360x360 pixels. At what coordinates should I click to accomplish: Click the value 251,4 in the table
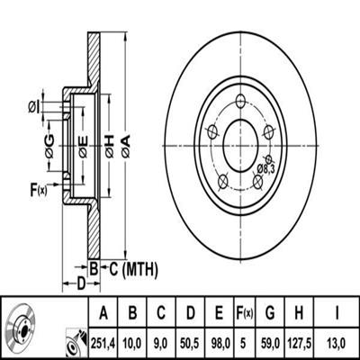(103, 342)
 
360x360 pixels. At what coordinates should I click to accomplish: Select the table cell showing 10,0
(132, 342)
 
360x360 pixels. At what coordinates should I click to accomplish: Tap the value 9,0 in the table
(161, 342)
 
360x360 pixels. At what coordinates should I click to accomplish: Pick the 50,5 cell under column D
(191, 342)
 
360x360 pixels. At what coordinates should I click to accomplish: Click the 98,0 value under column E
(220, 342)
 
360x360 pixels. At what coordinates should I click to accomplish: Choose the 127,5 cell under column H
(299, 342)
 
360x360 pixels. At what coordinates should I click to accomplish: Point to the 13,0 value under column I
(337, 342)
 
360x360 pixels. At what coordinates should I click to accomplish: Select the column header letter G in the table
(270, 313)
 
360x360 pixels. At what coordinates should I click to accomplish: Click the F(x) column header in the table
(245, 313)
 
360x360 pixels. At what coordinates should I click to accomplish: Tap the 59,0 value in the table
(270, 342)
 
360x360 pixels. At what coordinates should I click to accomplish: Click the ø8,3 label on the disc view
(265, 169)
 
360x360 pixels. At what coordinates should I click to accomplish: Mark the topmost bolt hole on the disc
(240, 101)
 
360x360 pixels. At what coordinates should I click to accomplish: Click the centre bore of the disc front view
(240, 146)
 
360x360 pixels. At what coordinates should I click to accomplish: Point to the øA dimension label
(126, 146)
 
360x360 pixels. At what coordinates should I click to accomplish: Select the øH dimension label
(109, 146)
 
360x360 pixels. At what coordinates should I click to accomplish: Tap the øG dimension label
(49, 147)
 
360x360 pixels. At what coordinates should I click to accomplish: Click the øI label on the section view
(34, 107)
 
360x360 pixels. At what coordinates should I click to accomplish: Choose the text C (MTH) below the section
(133, 269)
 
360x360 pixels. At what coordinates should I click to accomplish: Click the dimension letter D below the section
(81, 283)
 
